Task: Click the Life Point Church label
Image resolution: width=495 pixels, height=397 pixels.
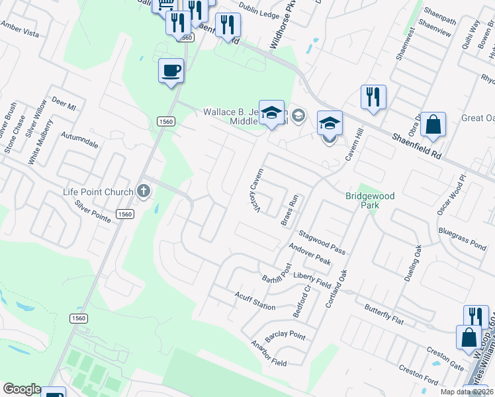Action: (98, 193)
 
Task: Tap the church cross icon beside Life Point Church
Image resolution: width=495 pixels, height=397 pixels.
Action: (143, 192)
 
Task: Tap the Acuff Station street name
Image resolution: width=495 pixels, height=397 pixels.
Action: (255, 301)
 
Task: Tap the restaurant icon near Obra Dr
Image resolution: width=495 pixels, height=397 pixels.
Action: (373, 97)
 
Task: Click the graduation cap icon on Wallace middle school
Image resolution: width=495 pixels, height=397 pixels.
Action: (271, 112)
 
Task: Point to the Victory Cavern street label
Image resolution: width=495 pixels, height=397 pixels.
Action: (255, 191)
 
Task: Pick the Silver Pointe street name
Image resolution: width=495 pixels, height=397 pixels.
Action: (93, 211)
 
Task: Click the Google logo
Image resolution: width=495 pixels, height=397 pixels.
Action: (21, 389)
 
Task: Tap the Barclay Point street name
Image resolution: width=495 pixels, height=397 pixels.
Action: (285, 334)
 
